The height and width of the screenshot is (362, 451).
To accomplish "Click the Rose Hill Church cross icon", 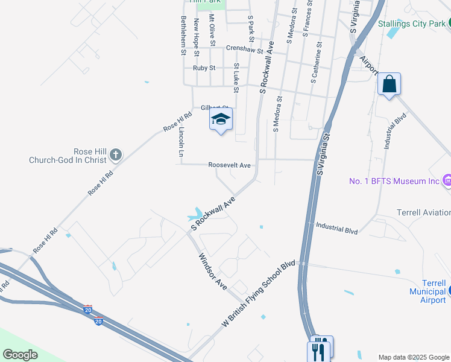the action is pyautogui.click(x=116, y=156).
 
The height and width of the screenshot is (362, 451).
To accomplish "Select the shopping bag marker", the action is pyautogui.click(x=389, y=84).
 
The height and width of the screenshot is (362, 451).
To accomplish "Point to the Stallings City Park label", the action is pyautogui.click(x=411, y=24).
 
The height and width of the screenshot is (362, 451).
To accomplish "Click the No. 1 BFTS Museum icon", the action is pyautogui.click(x=447, y=180).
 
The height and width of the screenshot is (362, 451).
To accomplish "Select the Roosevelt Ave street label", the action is pyautogui.click(x=229, y=165).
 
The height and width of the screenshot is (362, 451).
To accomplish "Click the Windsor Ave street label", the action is pyautogui.click(x=212, y=271).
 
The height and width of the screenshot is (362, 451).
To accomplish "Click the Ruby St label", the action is pyautogui.click(x=204, y=68).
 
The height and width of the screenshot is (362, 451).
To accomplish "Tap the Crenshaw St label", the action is pyautogui.click(x=245, y=49).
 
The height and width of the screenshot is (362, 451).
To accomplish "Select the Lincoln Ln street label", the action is pyautogui.click(x=181, y=142).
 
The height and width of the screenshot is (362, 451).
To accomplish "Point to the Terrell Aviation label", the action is pyautogui.click(x=423, y=212).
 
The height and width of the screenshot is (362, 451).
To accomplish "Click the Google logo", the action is pyautogui.click(x=20, y=355).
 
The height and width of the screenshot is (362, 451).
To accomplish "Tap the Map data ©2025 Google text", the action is pyautogui.click(x=414, y=357).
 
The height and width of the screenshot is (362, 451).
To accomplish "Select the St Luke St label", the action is pyautogui.click(x=236, y=78).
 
